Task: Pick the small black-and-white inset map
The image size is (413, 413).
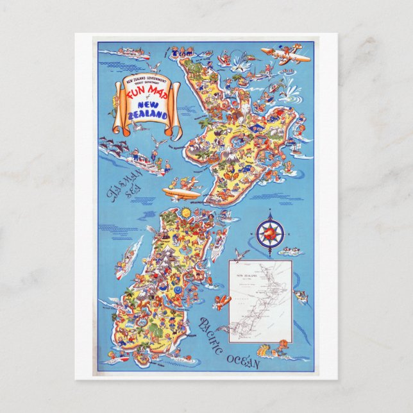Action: point(260,300)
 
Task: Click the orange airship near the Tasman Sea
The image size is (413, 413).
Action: point(181,192)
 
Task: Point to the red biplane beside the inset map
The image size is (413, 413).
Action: point(223,301)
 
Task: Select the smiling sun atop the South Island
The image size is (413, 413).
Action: point(185,212)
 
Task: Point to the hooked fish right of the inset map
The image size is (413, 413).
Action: point(300,296)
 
